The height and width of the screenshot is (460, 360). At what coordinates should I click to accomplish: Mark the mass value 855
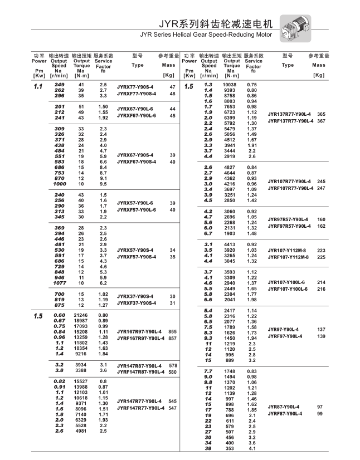(172, 331)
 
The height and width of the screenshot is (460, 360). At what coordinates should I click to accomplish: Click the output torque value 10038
(230, 85)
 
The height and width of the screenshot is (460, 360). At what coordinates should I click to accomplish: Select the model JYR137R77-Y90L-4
(290, 114)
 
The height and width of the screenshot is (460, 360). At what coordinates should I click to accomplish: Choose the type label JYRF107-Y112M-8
(289, 257)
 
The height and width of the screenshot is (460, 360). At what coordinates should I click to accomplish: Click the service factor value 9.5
(103, 183)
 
